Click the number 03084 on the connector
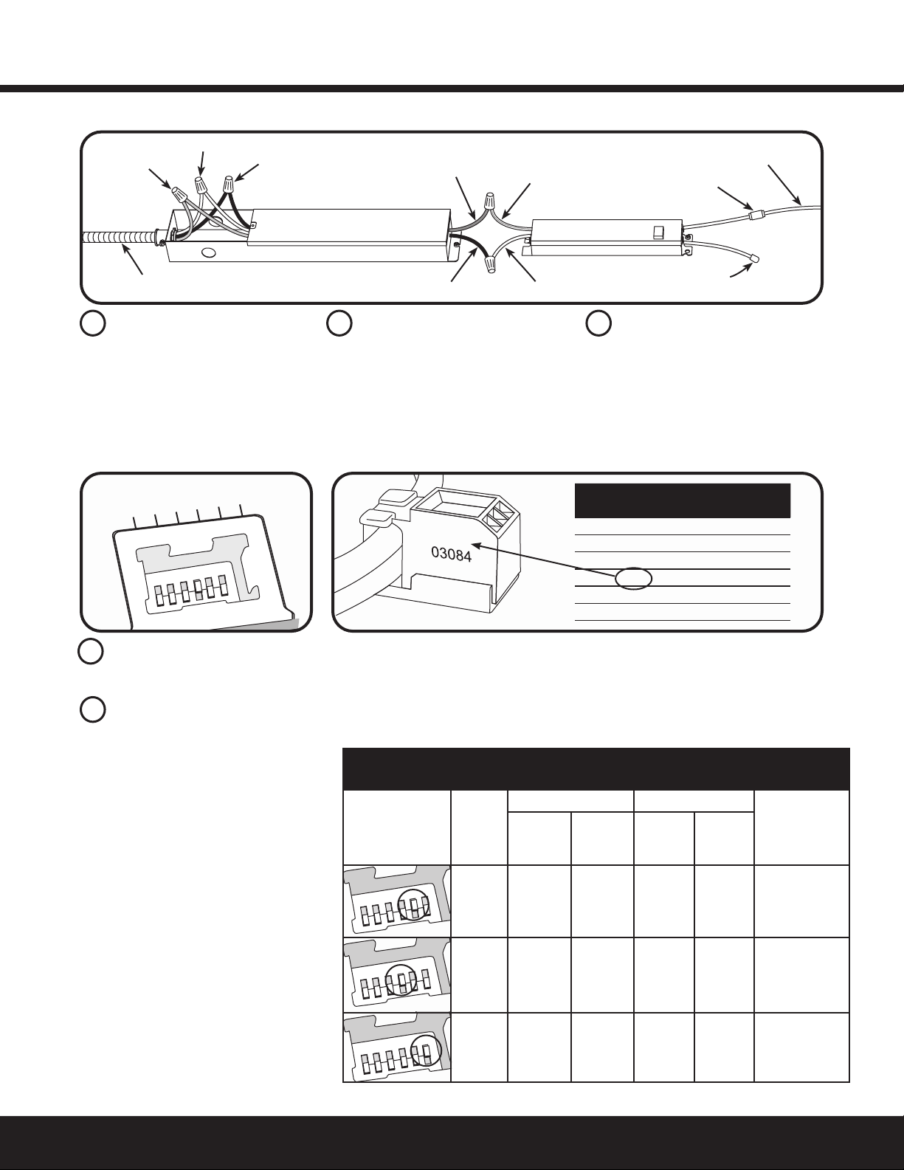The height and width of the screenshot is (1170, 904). [452, 554]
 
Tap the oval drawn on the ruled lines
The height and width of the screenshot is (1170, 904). [634, 578]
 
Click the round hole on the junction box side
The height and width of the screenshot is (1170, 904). [207, 252]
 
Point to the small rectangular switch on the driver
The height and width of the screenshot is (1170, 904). [658, 232]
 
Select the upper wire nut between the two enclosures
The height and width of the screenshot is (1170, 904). [490, 202]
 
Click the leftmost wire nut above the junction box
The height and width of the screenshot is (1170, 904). [178, 193]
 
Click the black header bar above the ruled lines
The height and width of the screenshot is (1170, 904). [683, 500]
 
